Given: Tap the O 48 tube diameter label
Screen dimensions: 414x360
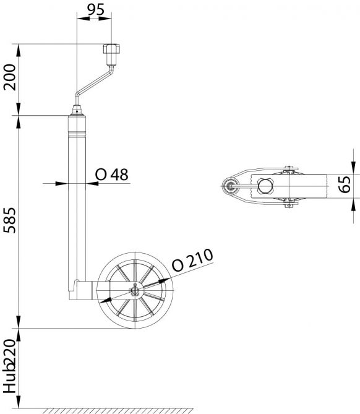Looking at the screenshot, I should (111, 175).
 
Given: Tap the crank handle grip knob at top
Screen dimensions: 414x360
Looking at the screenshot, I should (111, 54).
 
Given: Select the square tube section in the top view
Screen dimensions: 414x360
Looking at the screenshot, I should (265, 186).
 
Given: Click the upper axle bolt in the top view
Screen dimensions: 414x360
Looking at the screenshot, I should (286, 167).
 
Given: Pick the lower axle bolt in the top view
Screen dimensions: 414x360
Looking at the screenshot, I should (286, 205).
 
